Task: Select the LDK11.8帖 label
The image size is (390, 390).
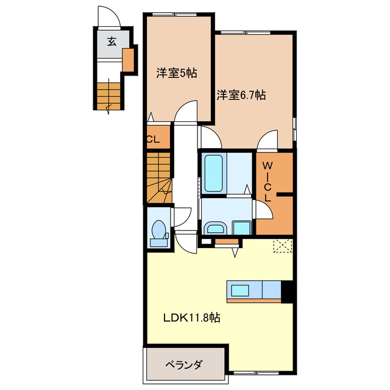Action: click(x=191, y=317)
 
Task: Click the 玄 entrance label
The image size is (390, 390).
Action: click(x=112, y=41)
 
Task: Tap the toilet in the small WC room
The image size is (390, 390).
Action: click(x=159, y=232)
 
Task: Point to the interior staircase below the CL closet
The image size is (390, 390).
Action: click(x=158, y=177)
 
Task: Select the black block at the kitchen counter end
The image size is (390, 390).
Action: click(x=288, y=292)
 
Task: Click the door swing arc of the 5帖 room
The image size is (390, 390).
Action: click(x=185, y=112)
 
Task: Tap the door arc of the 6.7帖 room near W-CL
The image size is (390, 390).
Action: click(x=267, y=140)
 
